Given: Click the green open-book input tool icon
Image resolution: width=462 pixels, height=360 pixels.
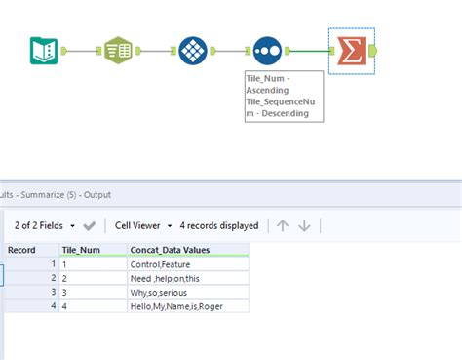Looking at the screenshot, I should coord(43,51).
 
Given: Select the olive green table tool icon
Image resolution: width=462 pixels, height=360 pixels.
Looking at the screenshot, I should coord(119,51).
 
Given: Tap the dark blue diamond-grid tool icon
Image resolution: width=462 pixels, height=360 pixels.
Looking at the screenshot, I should coord(193,51).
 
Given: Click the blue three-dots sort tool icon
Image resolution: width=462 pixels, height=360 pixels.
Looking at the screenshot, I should coord(268,51).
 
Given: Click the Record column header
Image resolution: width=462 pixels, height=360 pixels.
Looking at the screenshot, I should coord(23,250).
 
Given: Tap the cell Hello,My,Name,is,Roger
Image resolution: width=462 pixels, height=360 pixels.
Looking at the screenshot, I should coord(180,305).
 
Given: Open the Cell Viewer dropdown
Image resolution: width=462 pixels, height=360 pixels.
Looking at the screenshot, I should coord(143,225).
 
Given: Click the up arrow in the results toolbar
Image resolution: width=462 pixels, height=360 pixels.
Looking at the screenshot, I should coord(283,225).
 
